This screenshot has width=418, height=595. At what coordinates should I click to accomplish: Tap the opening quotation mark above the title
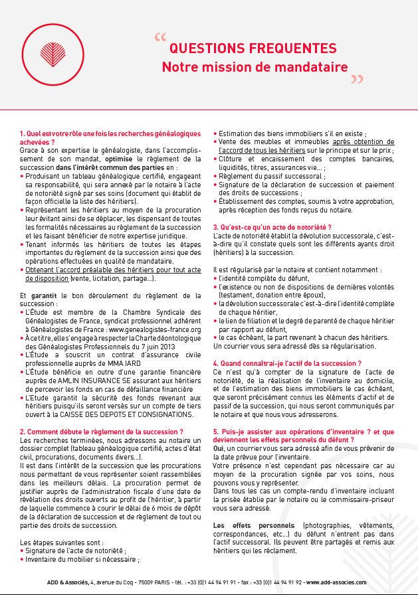[159, 38]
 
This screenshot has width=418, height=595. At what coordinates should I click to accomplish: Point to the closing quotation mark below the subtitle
[357, 80]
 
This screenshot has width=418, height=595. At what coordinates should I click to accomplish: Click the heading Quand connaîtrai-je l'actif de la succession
[287, 363]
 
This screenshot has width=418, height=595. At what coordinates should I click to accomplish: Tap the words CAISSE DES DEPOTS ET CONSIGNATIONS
[126, 414]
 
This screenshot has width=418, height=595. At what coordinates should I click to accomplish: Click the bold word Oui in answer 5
[219, 448]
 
